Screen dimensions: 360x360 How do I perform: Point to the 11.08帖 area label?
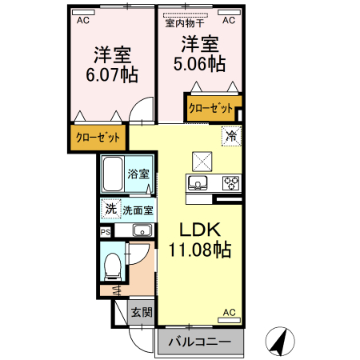click(199, 250)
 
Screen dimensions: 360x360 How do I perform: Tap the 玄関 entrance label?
click(142, 313)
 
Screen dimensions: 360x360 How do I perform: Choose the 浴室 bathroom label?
click(139, 174)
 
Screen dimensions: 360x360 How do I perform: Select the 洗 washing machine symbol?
click(110, 209)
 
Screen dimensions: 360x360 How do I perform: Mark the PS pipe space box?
click(106, 231)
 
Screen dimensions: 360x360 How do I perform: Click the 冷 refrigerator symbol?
click(231, 137)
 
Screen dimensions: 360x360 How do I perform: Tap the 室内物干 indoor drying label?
click(184, 22)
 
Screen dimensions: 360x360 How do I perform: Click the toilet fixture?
click(113, 263)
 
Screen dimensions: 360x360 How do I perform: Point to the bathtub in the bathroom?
click(112, 174)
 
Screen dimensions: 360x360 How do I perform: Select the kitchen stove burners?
click(230, 183)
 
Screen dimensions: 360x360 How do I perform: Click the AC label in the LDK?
click(229, 312)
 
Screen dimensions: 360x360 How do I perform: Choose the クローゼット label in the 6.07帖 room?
click(98, 138)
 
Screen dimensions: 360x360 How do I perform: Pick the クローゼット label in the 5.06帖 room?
click(210, 107)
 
